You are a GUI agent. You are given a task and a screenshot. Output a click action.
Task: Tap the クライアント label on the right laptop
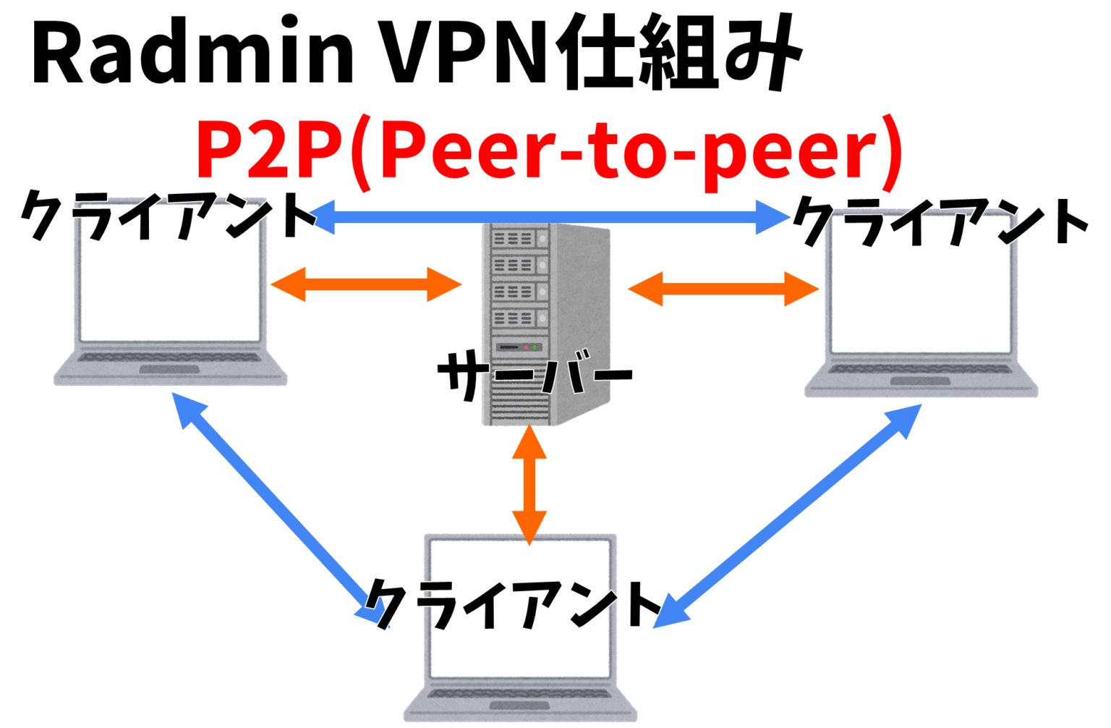pyautogui.click(x=940, y=221)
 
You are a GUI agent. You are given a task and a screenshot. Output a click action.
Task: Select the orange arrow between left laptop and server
pyautogui.click(x=366, y=284)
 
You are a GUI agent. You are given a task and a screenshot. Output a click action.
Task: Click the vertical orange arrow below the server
pyautogui.click(x=529, y=485)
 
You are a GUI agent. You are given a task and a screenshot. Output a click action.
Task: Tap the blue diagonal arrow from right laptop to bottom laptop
pyautogui.click(x=788, y=514)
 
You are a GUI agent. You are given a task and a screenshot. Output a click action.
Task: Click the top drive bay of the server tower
pyautogui.click(x=514, y=238)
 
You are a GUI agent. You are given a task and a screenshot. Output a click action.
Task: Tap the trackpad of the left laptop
pyautogui.click(x=169, y=370)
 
